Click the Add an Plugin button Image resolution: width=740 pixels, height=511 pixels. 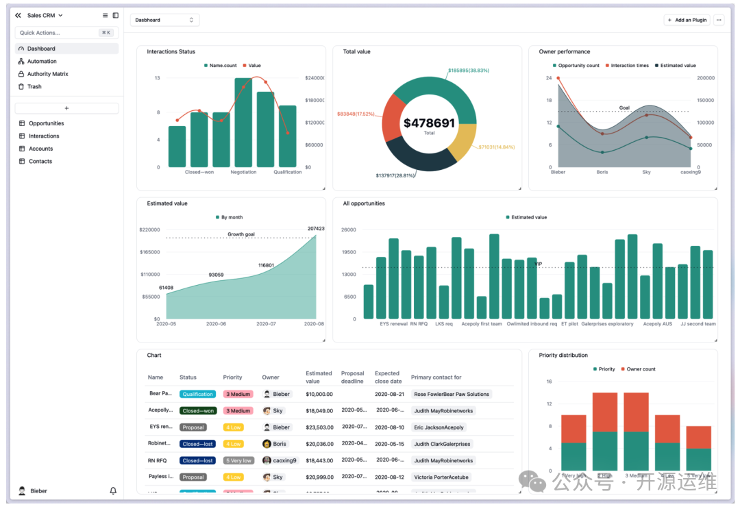tap(687, 20)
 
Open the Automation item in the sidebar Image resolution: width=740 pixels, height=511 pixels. tap(42, 61)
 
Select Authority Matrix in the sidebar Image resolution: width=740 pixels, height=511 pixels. tap(47, 74)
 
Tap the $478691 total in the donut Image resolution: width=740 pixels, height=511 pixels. tap(429, 123)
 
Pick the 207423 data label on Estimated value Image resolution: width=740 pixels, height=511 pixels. tap(316, 229)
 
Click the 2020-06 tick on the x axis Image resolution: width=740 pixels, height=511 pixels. tap(216, 324)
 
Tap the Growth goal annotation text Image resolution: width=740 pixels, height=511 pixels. tap(241, 234)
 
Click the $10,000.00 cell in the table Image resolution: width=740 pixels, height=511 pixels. tap(319, 394)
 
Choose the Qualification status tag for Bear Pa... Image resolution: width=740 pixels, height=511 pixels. tap(197, 394)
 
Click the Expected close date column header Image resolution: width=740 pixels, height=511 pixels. tap(388, 377)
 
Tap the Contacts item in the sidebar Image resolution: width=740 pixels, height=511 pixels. tap(40, 161)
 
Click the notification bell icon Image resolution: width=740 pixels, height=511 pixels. tap(113, 491)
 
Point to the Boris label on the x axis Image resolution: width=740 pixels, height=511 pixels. tap(602, 172)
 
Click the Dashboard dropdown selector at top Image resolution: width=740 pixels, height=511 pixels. tap(164, 20)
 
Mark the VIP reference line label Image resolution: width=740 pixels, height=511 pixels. tap(539, 264)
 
